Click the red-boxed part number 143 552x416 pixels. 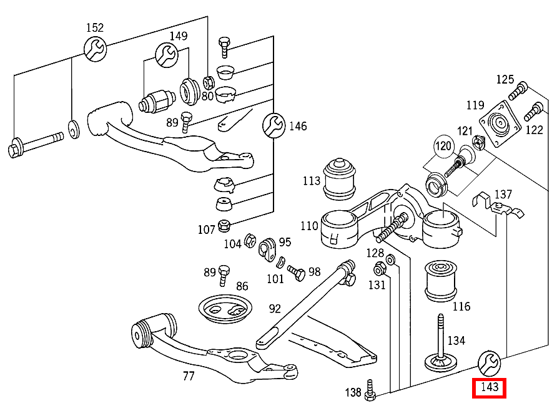click(x=489, y=387)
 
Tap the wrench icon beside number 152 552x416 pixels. click(x=95, y=49)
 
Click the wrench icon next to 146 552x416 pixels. click(x=273, y=126)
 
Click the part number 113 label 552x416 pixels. click(x=311, y=181)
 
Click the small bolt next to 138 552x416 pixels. click(x=371, y=390)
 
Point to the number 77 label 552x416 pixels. click(x=188, y=376)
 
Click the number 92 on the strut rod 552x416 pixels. click(x=275, y=308)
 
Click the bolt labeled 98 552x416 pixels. click(x=296, y=272)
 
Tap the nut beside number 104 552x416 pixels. click(x=249, y=239)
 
